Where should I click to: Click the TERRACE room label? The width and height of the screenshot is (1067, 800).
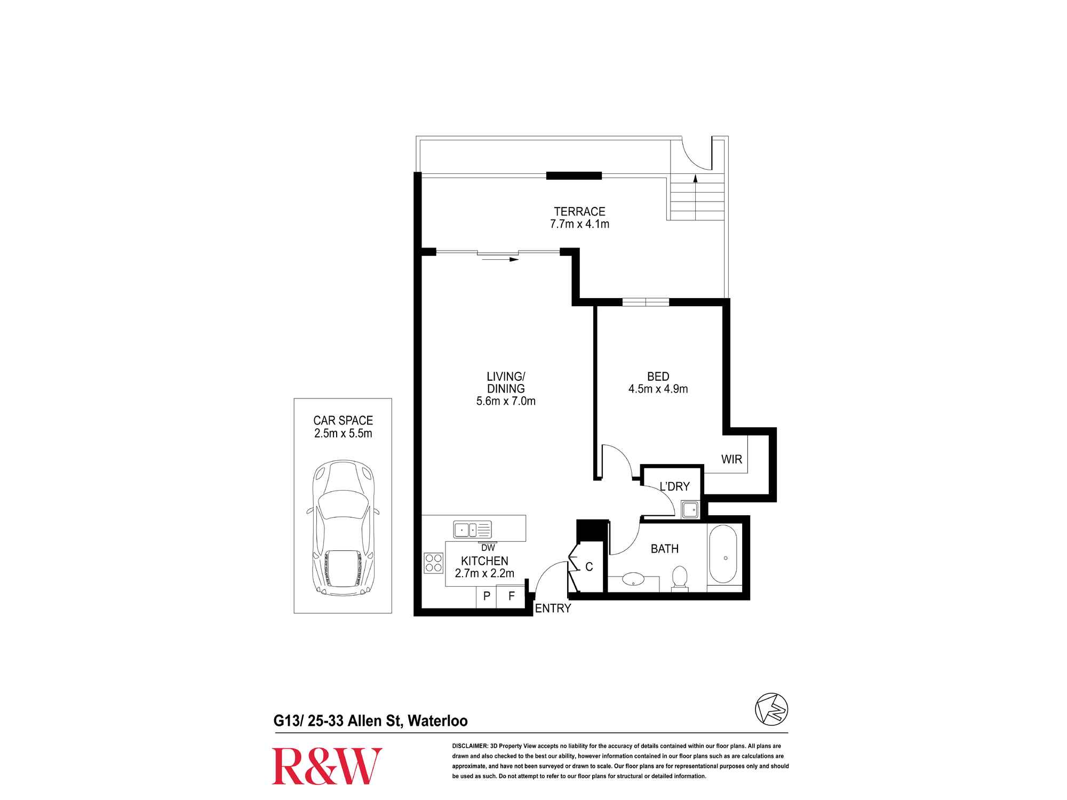click(x=579, y=212)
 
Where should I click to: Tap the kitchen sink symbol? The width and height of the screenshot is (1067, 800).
click(x=473, y=530)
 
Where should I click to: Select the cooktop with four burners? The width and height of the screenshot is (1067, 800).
click(x=434, y=563)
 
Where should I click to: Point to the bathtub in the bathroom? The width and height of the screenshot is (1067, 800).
click(x=723, y=555)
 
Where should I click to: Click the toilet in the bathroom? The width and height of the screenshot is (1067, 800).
click(x=680, y=578)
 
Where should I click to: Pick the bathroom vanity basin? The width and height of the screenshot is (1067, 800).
click(x=633, y=579)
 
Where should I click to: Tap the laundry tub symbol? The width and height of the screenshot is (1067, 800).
click(x=690, y=509)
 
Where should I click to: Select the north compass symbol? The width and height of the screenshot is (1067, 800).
click(x=771, y=709)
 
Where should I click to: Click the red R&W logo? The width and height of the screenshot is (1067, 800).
click(x=327, y=766)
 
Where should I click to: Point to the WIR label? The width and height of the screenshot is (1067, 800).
click(x=731, y=459)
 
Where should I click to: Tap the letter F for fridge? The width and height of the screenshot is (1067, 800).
click(x=512, y=596)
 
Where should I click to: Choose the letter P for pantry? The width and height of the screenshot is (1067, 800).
click(x=487, y=596)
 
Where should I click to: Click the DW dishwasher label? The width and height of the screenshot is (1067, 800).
click(x=488, y=548)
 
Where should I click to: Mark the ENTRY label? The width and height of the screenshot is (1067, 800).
click(x=553, y=608)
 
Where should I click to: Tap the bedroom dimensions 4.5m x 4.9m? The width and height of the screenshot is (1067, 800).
click(x=658, y=389)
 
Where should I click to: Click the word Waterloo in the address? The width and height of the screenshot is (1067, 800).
click(x=437, y=721)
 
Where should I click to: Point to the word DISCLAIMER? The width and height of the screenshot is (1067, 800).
click(x=470, y=746)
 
